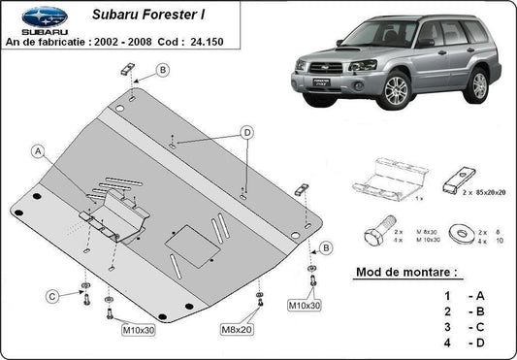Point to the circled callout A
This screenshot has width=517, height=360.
click(x=38, y=150)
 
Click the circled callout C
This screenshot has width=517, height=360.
click(x=49, y=295)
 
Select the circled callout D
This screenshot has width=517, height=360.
click(x=247, y=132)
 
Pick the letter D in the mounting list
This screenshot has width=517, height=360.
click(x=478, y=344)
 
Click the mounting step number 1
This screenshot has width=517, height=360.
click(x=447, y=294)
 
